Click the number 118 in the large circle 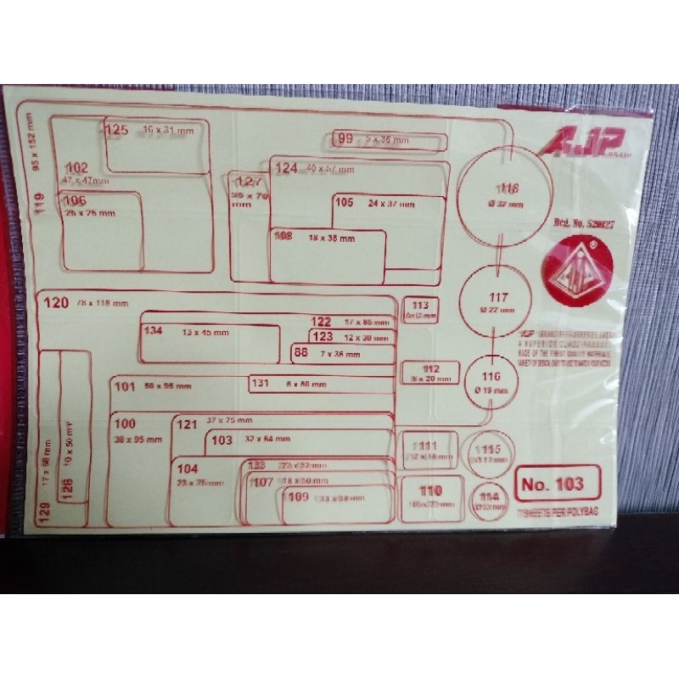(508, 188)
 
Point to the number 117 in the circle (498, 298)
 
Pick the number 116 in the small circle (491, 377)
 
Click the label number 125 (116, 130)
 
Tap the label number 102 (76, 167)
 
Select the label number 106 (76, 200)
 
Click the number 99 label (345, 139)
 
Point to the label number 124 (286, 168)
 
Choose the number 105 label (344, 203)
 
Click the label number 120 (55, 302)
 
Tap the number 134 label (153, 330)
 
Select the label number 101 (125, 387)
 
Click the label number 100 (125, 424)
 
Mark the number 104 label (187, 469)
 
